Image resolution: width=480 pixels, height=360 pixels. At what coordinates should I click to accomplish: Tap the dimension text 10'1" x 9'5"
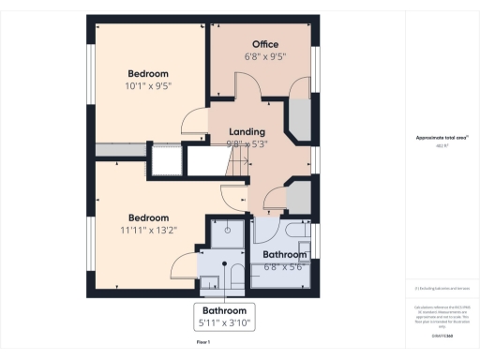pyautogui.click(x=148, y=85)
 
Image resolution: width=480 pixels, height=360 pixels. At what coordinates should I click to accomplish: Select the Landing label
pyautogui.click(x=247, y=132)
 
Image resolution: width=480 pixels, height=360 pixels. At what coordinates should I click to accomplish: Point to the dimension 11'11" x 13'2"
pyautogui.click(x=148, y=229)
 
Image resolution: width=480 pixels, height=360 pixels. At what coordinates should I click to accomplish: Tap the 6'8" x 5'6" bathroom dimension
pyautogui.click(x=284, y=266)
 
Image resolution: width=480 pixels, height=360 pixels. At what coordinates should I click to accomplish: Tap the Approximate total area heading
pyautogui.click(x=442, y=138)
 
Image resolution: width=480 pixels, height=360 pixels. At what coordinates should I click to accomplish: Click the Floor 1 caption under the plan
pyautogui.click(x=203, y=343)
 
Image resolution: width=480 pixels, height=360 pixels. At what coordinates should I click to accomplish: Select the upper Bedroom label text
pyautogui.click(x=148, y=73)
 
